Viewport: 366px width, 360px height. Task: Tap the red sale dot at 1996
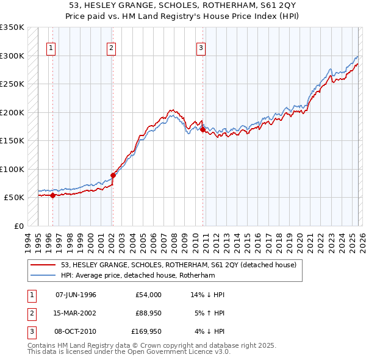coord(53,196)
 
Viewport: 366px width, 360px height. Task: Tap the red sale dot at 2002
coord(113,176)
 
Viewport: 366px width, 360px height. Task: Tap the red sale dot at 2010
coord(203,129)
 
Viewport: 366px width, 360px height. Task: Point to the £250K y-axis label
coord(12,84)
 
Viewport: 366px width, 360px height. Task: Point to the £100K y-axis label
coord(12,169)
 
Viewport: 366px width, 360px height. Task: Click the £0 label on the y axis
coord(18,226)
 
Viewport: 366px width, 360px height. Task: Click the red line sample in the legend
coord(43,265)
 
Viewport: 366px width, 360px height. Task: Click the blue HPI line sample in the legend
coord(43,275)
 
